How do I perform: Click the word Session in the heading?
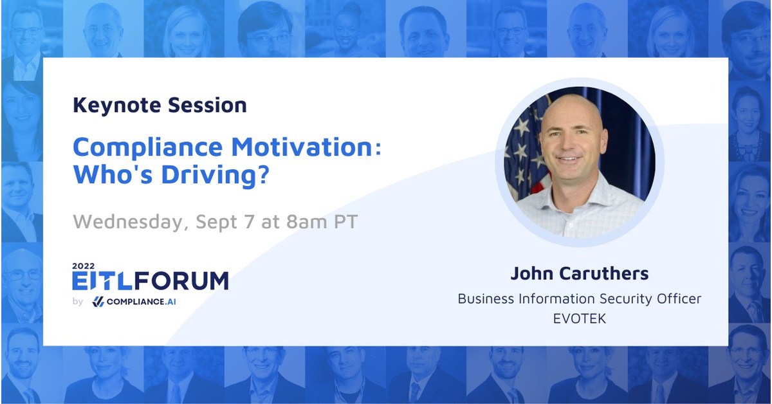(x=211, y=106)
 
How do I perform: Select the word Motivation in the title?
(x=300, y=147)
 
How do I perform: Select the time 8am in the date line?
(x=302, y=222)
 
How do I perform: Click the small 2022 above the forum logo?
(x=83, y=265)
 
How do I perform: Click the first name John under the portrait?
(x=533, y=274)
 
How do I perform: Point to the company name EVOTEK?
(x=579, y=318)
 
